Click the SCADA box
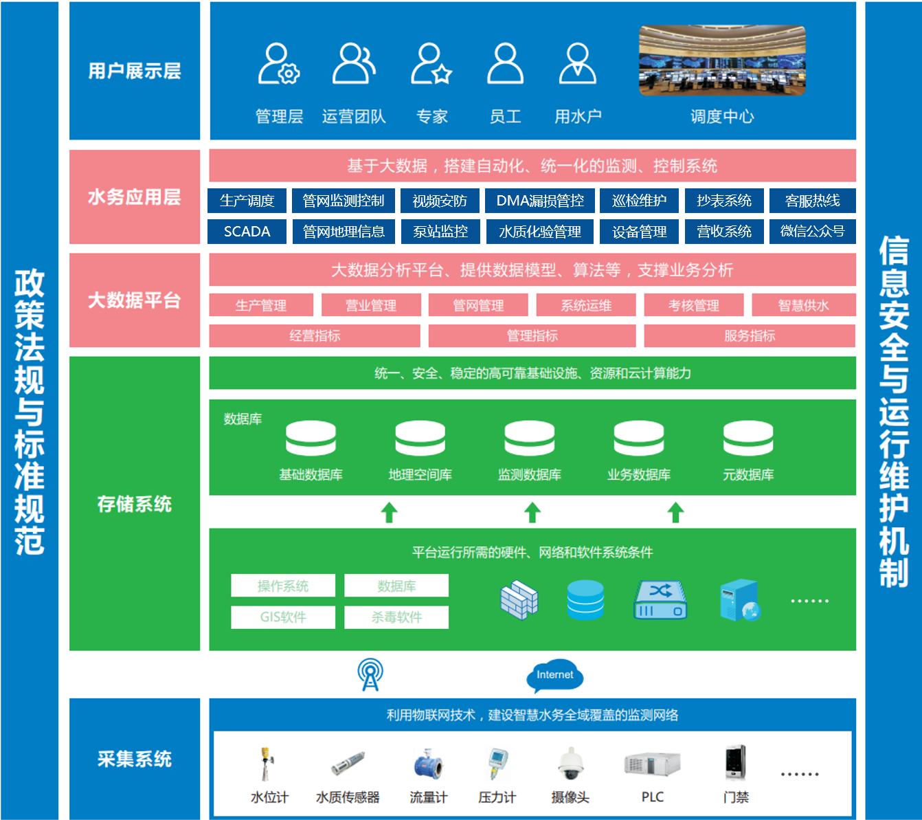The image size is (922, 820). (247, 232)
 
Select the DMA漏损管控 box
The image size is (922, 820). (540, 201)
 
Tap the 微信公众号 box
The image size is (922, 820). (812, 232)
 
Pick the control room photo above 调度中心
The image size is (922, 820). (721, 60)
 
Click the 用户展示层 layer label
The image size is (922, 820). (135, 71)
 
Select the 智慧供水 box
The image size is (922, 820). (803, 305)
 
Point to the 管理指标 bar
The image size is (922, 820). (532, 335)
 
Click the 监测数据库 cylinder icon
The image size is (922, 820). (529, 439)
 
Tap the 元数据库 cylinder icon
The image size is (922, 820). (747, 439)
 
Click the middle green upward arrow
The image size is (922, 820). (532, 512)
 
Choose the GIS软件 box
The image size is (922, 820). (283, 617)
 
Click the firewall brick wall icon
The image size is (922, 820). (519, 600)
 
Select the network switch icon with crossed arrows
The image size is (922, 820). (660, 600)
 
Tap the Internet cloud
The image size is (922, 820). (554, 676)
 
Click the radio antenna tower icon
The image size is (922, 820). (370, 674)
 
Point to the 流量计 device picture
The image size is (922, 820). (428, 765)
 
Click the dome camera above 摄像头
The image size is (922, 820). (570, 764)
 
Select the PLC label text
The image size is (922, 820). (652, 797)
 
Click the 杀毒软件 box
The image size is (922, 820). (396, 617)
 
